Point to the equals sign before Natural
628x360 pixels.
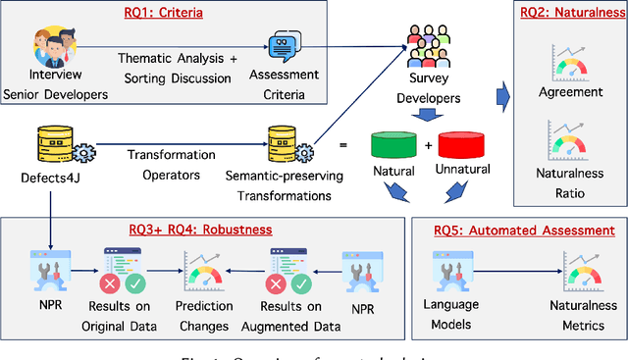(342, 145)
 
